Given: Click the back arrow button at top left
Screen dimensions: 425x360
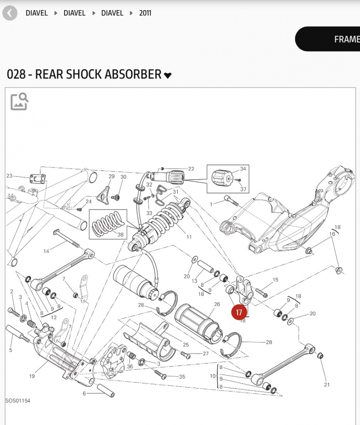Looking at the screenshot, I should pos(10,13).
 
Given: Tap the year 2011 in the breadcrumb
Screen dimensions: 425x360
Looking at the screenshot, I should pos(145,13).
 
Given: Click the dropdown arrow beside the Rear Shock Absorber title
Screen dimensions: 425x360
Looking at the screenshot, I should pos(168,76).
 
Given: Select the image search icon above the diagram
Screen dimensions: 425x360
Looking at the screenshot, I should pos(20,102).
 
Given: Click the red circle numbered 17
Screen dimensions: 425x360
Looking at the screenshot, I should pos(239,312).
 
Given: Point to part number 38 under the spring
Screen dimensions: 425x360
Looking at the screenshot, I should pos(120,235).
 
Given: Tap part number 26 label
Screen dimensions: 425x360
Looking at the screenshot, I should pos(217,304).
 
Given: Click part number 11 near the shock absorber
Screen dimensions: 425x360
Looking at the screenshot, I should pos(189,237).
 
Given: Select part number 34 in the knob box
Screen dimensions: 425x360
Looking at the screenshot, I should pos(243,169).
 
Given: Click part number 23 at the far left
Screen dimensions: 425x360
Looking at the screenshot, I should pos(9,176).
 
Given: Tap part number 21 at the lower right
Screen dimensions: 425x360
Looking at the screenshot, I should pos(326,385).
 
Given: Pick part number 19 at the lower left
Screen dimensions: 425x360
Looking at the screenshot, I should pos(32,376).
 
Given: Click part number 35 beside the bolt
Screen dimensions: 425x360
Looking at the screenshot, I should pos(182,377).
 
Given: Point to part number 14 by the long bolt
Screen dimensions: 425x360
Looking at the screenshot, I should pos(46,251).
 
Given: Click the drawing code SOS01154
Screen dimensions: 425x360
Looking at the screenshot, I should pos(18,400).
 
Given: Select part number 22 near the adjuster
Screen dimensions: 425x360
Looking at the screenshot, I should pos(191,169).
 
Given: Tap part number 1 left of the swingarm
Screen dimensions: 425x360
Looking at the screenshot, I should pos(211,204).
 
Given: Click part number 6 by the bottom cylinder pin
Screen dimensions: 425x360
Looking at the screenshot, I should pos(84,394).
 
